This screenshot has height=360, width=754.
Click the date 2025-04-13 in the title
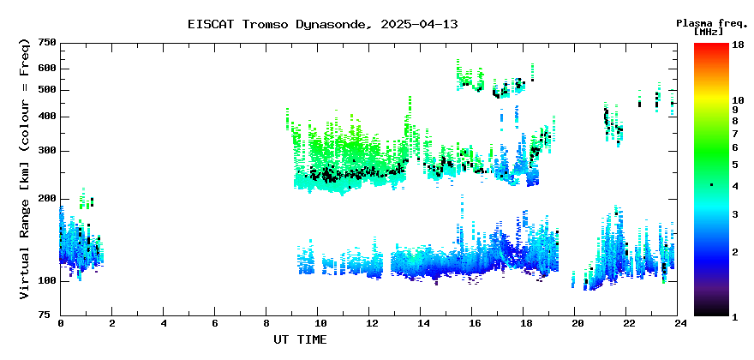(x=419, y=24)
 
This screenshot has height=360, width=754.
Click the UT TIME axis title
(x=300, y=339)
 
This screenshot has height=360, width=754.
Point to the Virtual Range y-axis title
(x=25, y=169)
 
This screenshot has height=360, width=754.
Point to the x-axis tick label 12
(x=368, y=323)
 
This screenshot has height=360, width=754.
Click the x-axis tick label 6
(x=214, y=323)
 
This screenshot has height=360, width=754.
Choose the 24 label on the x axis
(x=678, y=323)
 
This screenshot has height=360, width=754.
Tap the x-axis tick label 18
(x=524, y=323)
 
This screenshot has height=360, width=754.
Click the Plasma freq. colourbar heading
(x=713, y=23)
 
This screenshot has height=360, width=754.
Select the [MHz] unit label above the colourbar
(x=709, y=32)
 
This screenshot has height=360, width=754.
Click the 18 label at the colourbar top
(x=738, y=44)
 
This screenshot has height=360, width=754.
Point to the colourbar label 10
(x=738, y=100)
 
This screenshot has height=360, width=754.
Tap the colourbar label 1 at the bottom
(x=735, y=317)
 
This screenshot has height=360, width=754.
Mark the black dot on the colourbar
(x=711, y=185)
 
